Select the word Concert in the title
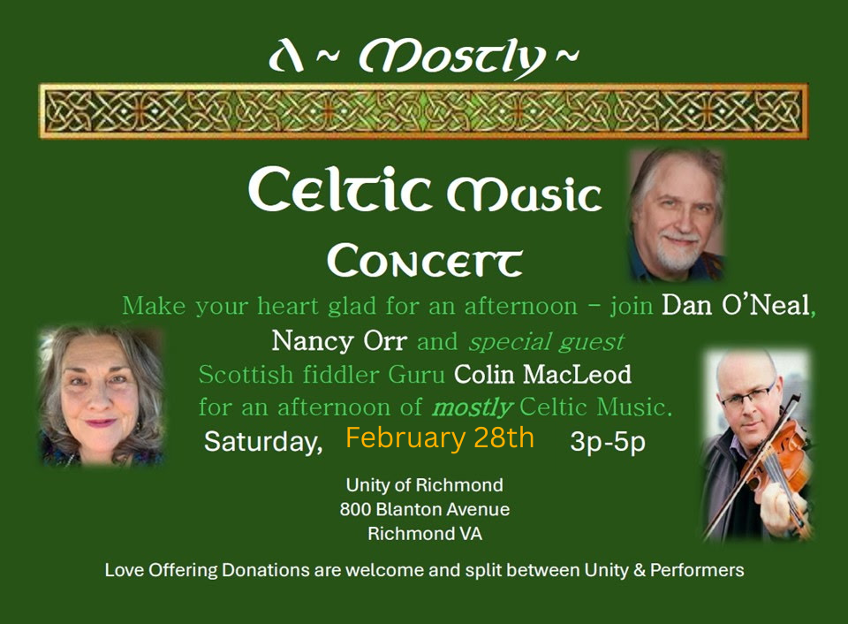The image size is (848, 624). pyautogui.click(x=424, y=261)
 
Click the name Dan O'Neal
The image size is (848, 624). pyautogui.click(x=736, y=306)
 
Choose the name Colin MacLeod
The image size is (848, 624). pyautogui.click(x=542, y=375)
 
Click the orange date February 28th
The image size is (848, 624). pyautogui.click(x=439, y=438)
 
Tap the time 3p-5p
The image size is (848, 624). pyautogui.click(x=607, y=441)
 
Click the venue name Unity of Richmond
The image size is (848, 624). pyautogui.click(x=424, y=485)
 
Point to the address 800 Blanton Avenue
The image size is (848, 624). pyautogui.click(x=424, y=510)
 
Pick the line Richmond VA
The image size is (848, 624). pyautogui.click(x=424, y=534)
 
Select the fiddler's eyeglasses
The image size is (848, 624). pyautogui.click(x=746, y=392)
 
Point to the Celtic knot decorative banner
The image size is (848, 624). pyautogui.click(x=424, y=111)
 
